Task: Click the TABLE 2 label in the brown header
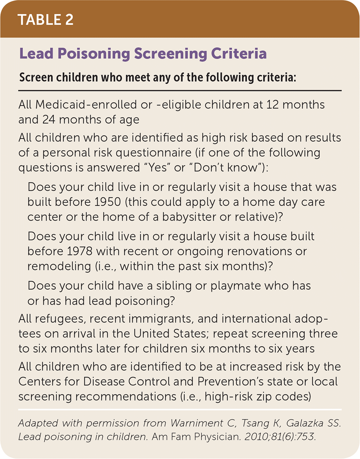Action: point(46,19)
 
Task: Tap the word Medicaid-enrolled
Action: point(93,105)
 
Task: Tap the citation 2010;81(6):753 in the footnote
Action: point(280,437)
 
